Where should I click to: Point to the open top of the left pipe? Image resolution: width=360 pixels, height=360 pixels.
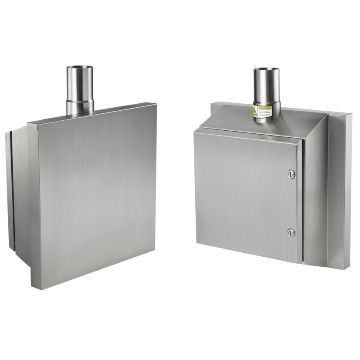(x=79, y=68)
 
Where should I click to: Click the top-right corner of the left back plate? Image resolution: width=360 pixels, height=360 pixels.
(x=156, y=102)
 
